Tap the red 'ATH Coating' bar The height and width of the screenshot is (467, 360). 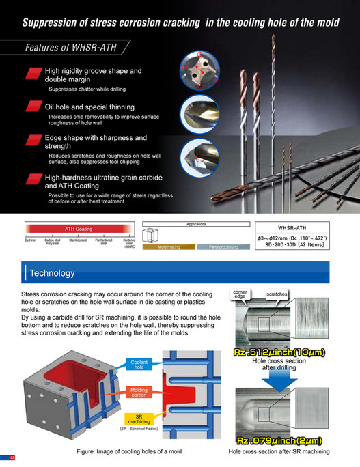tap(78, 229)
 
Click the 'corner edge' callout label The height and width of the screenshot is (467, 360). tap(240, 294)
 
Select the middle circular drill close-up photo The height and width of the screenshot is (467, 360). tap(199, 112)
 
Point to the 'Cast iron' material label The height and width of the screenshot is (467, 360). tap(31, 241)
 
